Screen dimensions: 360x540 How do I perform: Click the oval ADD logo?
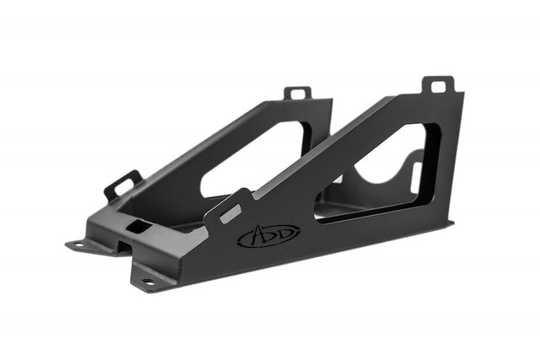pos(268,235)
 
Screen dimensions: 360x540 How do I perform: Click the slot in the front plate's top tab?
pos(439,85)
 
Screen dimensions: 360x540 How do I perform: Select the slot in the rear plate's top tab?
pos(297,91)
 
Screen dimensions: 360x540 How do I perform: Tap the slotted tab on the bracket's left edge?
pos(122,185)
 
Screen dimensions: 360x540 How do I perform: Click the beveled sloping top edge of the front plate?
pos(337,143)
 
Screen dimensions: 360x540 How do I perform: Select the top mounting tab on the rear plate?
pos(297,92)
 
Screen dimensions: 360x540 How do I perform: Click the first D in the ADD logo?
pos(270,235)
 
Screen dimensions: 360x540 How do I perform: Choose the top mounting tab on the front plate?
pos(439,86)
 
